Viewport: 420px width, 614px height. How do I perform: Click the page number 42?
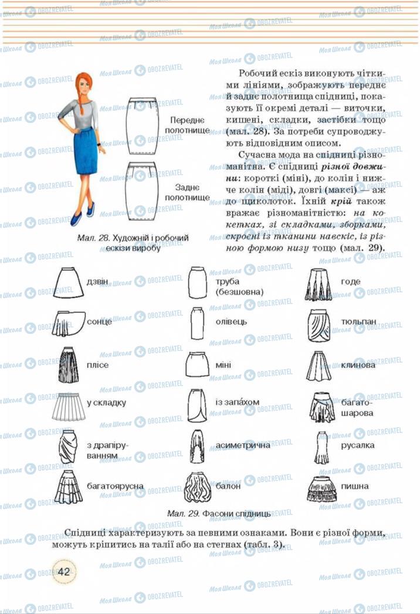[65, 571]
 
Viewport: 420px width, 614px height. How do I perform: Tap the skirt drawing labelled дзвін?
[69, 282]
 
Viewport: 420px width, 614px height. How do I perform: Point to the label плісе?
[97, 365]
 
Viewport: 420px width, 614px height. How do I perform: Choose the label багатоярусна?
[115, 486]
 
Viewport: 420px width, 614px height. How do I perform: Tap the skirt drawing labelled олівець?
[197, 322]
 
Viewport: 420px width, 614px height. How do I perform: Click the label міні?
[223, 365]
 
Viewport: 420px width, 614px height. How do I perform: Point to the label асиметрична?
[243, 445]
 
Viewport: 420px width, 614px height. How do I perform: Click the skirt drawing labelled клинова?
[319, 365]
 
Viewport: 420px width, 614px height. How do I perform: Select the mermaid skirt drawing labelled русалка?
[320, 448]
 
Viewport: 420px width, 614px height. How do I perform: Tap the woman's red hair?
[84, 88]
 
